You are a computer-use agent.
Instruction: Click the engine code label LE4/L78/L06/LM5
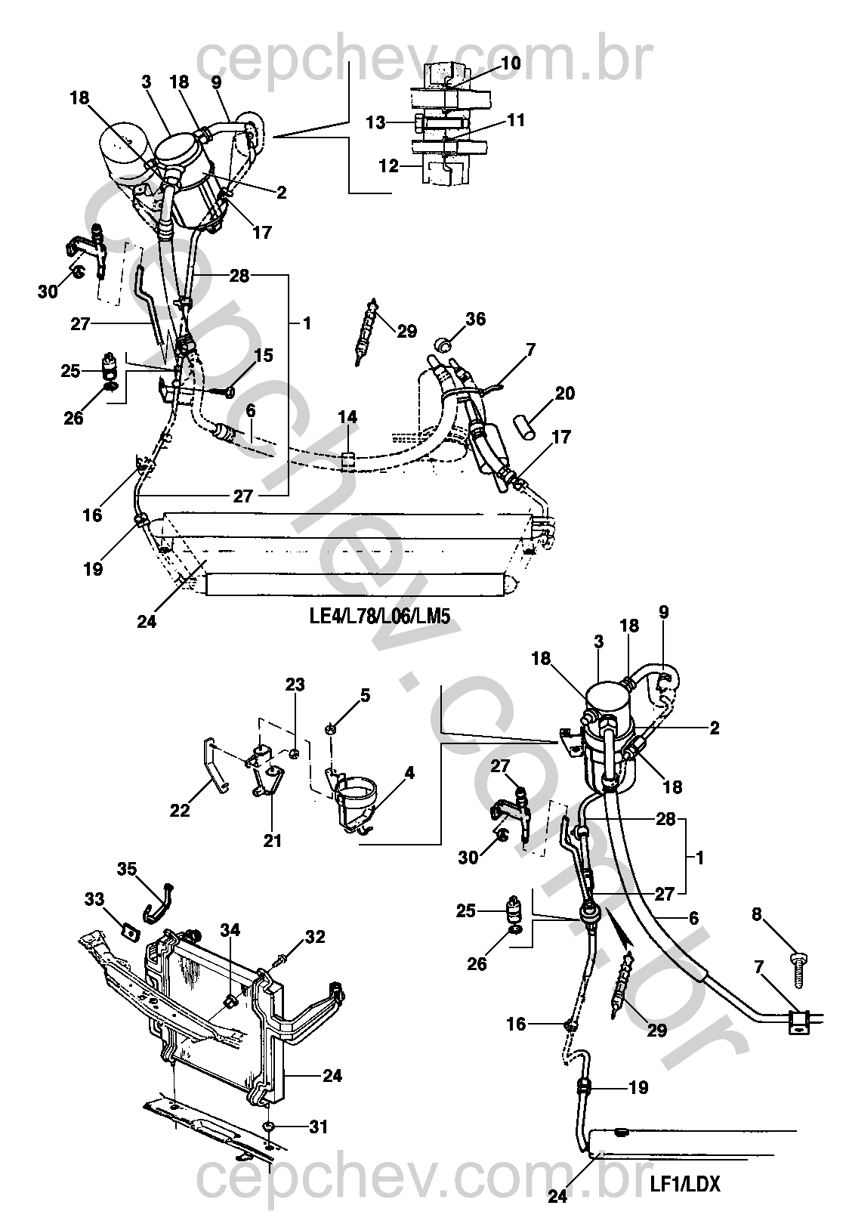click(379, 617)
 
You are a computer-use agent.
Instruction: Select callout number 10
click(510, 63)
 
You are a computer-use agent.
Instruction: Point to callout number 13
click(375, 122)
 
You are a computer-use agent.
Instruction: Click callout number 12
click(389, 165)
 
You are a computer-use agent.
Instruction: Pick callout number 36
click(475, 319)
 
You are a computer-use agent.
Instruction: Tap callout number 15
click(264, 355)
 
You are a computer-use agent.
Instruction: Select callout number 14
click(347, 417)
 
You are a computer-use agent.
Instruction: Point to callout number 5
click(365, 695)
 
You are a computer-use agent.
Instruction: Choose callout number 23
click(295, 685)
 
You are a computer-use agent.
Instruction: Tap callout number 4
click(409, 773)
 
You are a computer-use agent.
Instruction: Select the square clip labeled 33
click(131, 929)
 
